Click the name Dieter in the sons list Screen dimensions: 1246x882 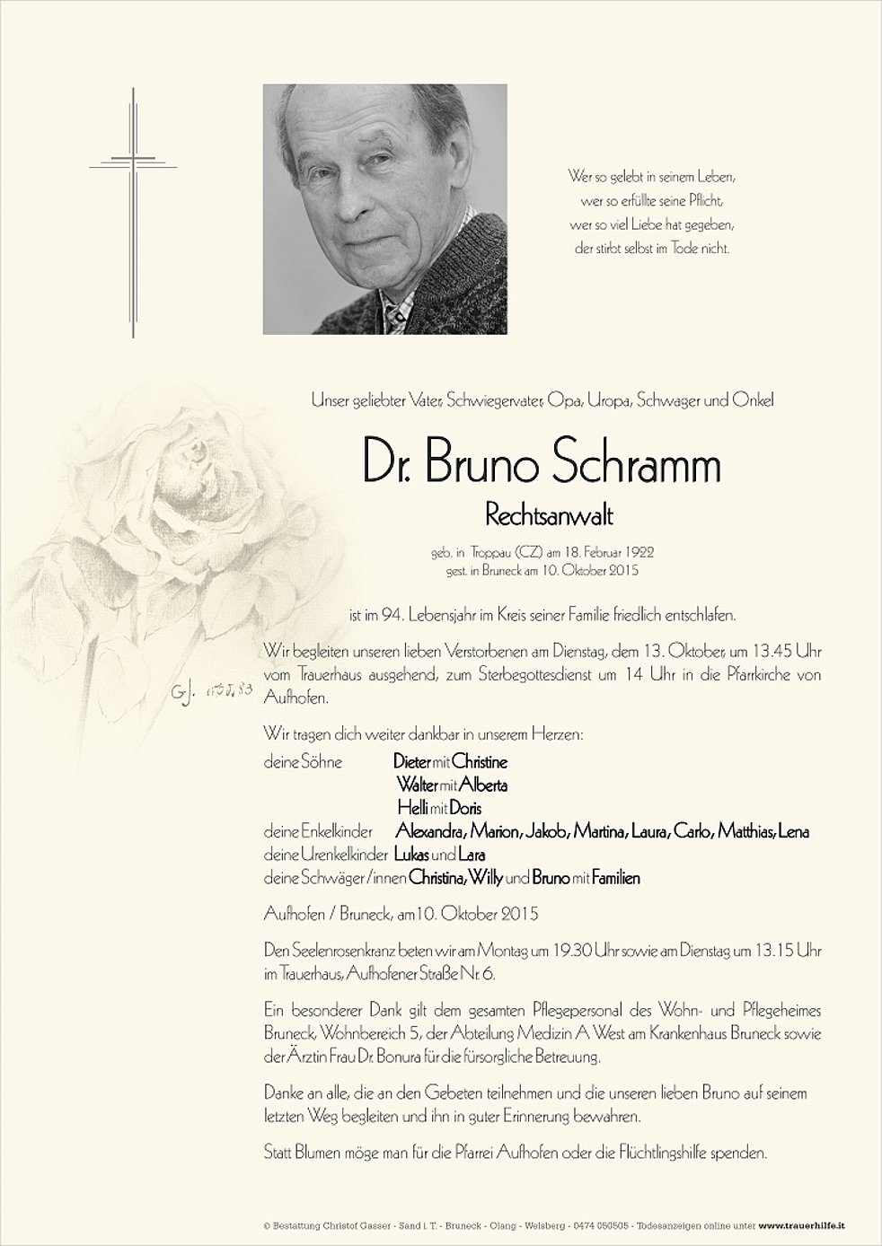coord(411,762)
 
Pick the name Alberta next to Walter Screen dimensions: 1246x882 coord(485,785)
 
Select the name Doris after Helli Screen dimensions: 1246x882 coord(466,809)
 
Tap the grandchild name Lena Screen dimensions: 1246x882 coord(795,832)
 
